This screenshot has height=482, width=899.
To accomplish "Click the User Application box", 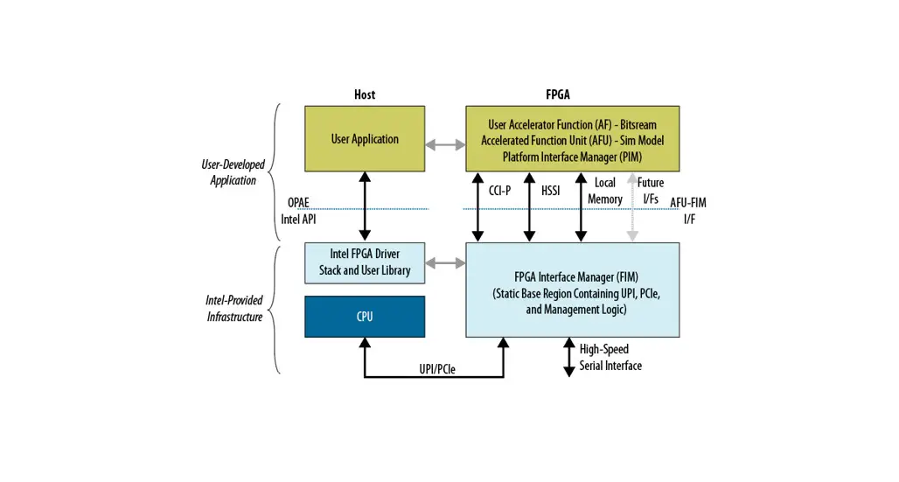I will point(365,138).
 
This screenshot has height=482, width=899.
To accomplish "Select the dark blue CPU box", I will point(365,316).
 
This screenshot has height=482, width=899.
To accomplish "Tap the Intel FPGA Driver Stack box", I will point(365,262).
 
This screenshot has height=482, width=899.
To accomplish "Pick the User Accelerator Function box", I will point(572,138).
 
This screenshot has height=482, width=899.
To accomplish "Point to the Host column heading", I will point(365,94).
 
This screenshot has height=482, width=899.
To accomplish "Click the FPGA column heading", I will point(558,94).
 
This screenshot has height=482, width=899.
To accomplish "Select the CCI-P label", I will point(500,190).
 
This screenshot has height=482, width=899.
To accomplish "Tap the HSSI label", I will point(550,190).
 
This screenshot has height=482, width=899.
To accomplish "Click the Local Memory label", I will point(604,191).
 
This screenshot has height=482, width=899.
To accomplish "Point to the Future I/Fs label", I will point(651,191).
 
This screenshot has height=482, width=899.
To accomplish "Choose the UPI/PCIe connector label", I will point(437,369).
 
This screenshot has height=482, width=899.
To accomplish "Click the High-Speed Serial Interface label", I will point(610,357).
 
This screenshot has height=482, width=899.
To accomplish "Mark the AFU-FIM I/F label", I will point(688,210).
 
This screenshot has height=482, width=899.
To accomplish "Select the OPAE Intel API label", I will point(297,211).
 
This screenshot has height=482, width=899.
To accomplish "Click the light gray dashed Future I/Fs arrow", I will point(632,210).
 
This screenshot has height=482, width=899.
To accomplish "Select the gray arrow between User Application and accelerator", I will point(445,143).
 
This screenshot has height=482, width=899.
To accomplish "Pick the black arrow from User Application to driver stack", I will point(365,206).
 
